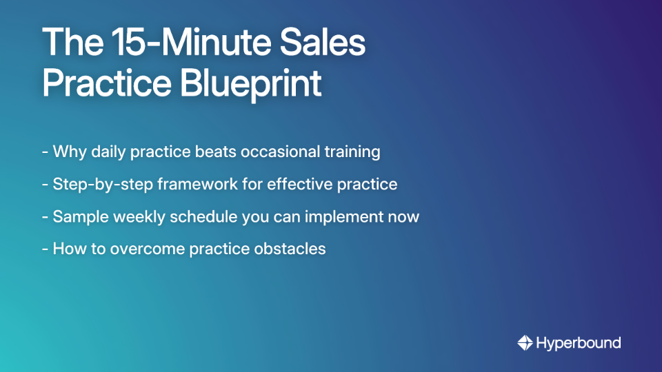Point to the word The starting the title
click(x=68, y=43)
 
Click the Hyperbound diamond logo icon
click(x=525, y=342)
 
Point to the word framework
click(x=179, y=184)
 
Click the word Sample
click(x=77, y=216)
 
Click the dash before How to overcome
click(x=45, y=249)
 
